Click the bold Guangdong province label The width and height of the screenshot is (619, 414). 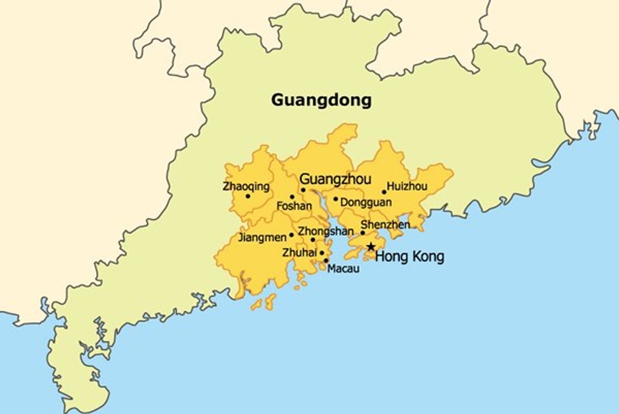click(x=321, y=100)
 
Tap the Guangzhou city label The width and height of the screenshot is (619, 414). click(x=335, y=179)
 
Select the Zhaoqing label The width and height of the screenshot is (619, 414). click(x=246, y=187)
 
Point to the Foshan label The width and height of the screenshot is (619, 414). click(x=294, y=207)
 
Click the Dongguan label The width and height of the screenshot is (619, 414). click(x=366, y=201)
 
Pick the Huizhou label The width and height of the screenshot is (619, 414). click(x=407, y=187)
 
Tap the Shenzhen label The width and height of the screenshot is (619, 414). click(x=385, y=225)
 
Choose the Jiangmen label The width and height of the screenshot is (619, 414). click(x=262, y=238)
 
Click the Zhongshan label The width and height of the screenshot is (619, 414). click(x=326, y=231)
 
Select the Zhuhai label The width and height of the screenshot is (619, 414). click(x=299, y=253)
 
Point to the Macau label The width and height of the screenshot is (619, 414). click(x=343, y=269)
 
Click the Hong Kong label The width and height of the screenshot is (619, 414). click(x=409, y=257)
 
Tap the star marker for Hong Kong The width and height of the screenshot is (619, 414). click(x=371, y=247)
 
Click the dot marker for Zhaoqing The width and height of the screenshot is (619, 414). click(x=248, y=196)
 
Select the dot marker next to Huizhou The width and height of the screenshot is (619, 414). click(x=384, y=193)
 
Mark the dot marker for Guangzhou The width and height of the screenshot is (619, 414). click(x=303, y=190)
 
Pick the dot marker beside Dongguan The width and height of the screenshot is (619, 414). click(x=336, y=199)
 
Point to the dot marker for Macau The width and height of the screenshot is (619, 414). click(x=326, y=260)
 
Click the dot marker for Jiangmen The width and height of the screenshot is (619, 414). click(x=292, y=235)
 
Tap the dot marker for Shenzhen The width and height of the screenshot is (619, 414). click(x=362, y=233)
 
